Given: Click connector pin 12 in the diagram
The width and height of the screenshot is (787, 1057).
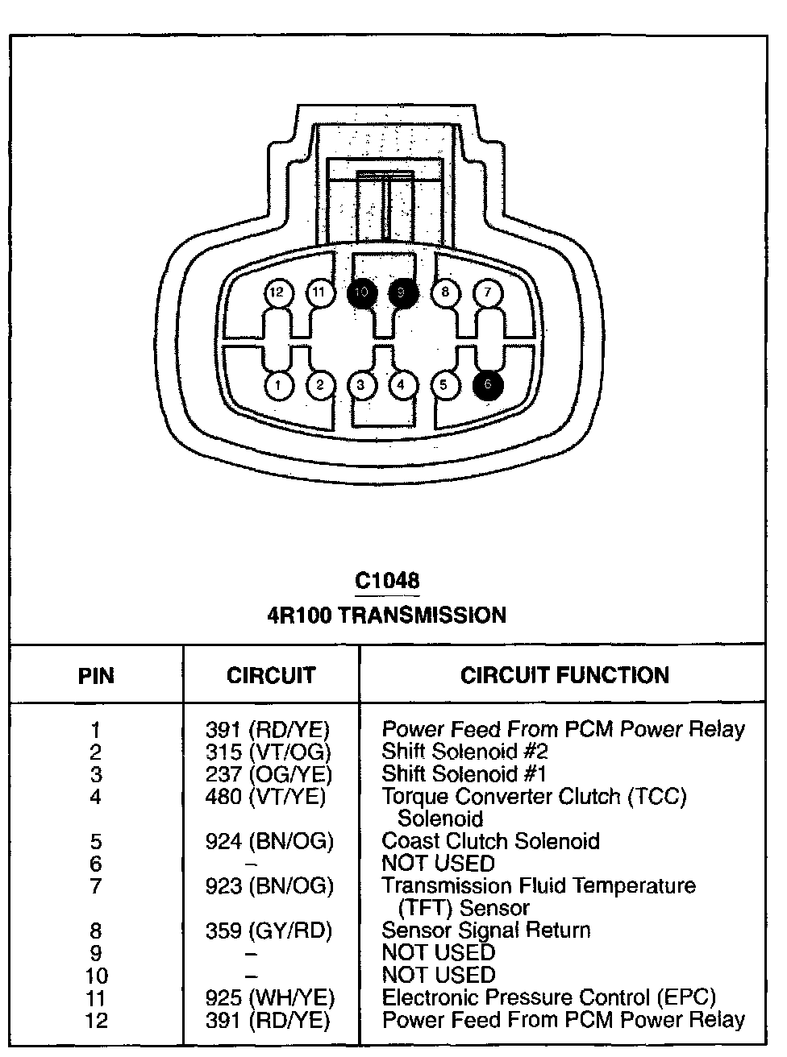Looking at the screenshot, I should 277,292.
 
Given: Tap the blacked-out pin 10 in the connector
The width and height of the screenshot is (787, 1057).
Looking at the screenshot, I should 361,292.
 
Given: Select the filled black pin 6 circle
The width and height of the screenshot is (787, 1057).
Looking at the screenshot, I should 488,385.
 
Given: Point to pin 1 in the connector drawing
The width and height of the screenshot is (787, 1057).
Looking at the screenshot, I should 278,385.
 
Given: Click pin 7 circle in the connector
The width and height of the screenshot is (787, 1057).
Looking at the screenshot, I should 487,292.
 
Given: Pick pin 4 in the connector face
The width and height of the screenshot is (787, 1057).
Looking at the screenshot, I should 402,385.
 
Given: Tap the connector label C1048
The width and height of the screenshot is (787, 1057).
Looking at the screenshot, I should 387,580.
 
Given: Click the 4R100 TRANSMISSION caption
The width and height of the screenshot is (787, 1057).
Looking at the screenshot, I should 387,616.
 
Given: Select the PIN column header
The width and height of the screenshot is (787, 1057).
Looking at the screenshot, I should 96,675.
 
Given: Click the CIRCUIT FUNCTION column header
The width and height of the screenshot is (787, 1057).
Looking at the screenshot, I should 564,675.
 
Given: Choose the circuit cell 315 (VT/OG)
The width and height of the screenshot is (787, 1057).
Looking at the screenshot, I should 269,752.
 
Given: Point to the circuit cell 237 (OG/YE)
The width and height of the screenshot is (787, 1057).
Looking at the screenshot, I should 269,774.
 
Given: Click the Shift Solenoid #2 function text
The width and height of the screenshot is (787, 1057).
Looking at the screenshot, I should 465,752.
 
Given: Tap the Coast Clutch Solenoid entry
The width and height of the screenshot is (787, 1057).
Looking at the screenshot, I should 490,841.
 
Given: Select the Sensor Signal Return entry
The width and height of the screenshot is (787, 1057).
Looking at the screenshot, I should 485,931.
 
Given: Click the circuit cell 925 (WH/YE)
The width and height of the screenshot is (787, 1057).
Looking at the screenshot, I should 269,997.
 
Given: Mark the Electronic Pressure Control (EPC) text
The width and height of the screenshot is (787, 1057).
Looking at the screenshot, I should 548,997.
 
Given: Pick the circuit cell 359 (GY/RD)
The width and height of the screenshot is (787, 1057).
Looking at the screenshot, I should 269,931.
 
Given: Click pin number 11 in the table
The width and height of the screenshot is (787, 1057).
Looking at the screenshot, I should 96,997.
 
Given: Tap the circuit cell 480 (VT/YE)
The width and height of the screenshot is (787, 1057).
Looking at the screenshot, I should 266,797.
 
